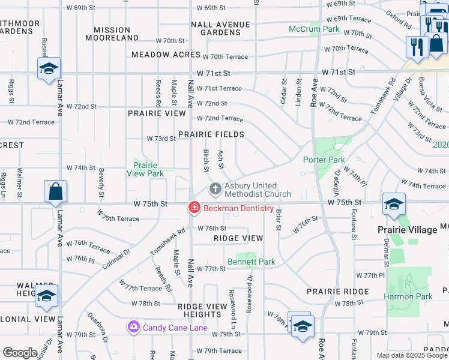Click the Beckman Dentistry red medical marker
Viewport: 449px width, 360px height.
[x=194, y=208]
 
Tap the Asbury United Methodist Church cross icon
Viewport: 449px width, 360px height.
[x=215, y=190]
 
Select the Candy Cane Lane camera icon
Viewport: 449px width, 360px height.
[x=133, y=328]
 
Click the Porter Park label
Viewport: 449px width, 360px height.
[x=324, y=160]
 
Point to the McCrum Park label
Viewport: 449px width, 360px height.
[x=314, y=29]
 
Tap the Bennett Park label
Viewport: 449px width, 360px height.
[x=251, y=262]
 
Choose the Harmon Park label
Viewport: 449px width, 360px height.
[x=409, y=296]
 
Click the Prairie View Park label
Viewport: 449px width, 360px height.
[x=145, y=169]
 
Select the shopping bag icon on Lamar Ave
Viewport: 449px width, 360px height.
[x=55, y=192]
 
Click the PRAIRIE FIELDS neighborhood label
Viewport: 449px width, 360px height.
[x=211, y=134]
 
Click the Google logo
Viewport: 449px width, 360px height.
[x=20, y=353]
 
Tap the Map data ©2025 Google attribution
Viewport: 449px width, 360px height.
[x=412, y=355]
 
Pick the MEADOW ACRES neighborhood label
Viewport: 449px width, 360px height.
[x=166, y=55]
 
